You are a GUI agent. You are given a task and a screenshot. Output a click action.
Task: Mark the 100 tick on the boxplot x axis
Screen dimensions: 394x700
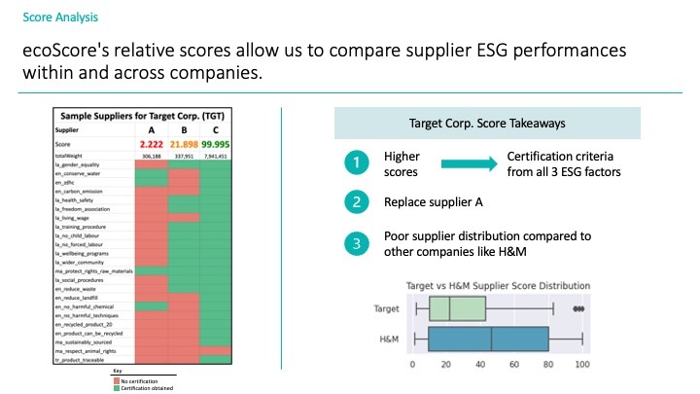click(x=581, y=365)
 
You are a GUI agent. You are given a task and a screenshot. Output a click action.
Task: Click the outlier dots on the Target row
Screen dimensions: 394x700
click(x=579, y=308)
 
